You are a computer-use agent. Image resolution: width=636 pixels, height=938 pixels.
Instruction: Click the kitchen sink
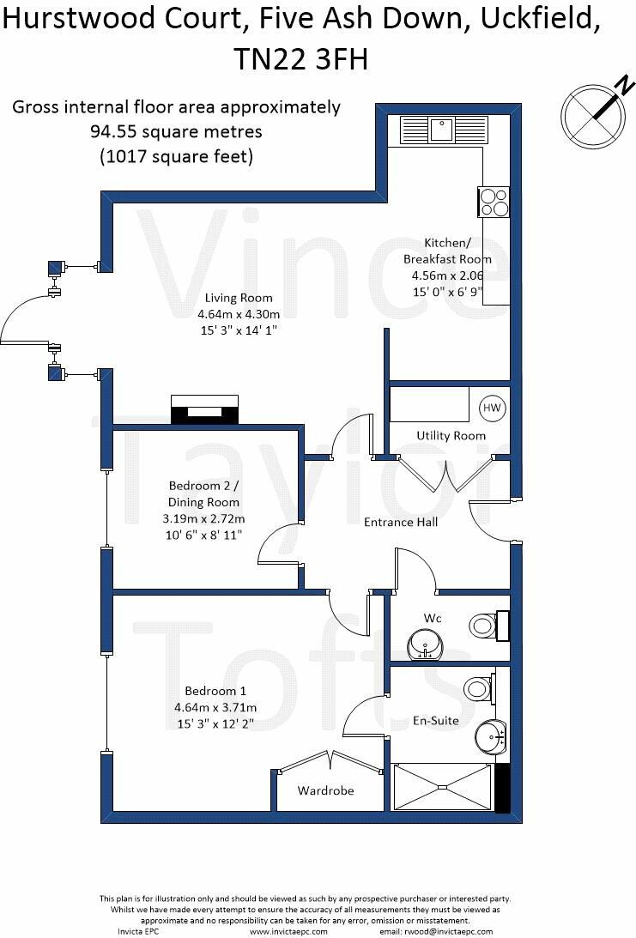tap(442, 130)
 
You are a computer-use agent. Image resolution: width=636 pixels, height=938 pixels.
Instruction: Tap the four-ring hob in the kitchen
tap(494, 202)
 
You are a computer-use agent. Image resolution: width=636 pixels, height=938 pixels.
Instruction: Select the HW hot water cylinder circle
tap(492, 408)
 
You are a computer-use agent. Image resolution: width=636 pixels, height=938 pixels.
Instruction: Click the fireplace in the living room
tap(204, 409)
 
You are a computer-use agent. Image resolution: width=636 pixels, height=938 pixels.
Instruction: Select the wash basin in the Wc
tap(425, 642)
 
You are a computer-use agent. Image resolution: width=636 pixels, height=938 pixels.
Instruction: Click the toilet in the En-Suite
tap(477, 687)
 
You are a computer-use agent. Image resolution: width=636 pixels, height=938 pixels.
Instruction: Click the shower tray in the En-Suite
tap(442, 786)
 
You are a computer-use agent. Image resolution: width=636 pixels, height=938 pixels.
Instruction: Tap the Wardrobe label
tap(325, 790)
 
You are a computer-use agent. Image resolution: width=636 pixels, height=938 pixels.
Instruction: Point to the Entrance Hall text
tap(401, 522)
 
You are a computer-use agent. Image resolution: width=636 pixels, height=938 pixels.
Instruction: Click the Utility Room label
tap(451, 436)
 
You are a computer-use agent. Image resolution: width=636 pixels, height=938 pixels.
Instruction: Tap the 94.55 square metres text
tap(176, 132)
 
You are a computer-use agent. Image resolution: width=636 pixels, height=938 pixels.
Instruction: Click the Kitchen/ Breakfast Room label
tap(447, 251)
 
